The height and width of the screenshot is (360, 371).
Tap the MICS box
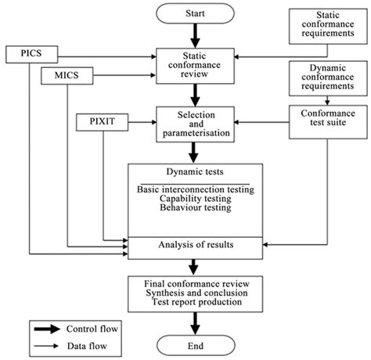click(66, 77)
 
